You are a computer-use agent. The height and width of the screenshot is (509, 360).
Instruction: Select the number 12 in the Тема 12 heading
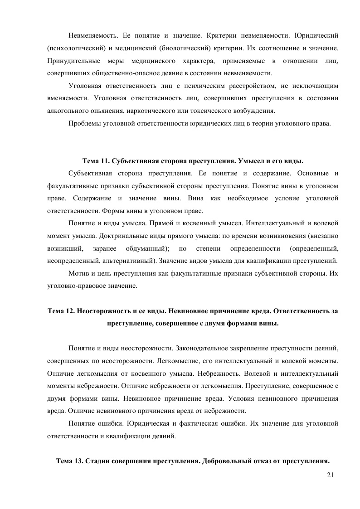[68, 311]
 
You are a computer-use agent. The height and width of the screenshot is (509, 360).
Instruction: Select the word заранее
[104, 248]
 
